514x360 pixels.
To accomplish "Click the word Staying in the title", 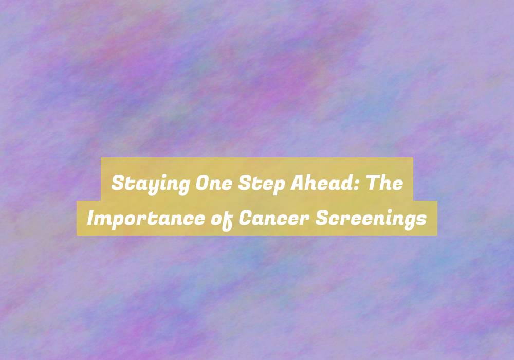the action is (151, 184).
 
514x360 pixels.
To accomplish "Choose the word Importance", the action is (145, 219).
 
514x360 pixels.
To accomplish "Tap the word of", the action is (222, 220).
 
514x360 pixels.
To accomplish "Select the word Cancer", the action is (274, 218).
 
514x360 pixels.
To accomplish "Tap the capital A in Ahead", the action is (297, 183).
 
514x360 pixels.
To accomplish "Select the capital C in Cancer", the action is (245, 219).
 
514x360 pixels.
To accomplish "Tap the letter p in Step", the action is (279, 188).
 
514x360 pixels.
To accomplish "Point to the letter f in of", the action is (228, 221).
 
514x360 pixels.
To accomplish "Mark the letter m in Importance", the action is (108, 221).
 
